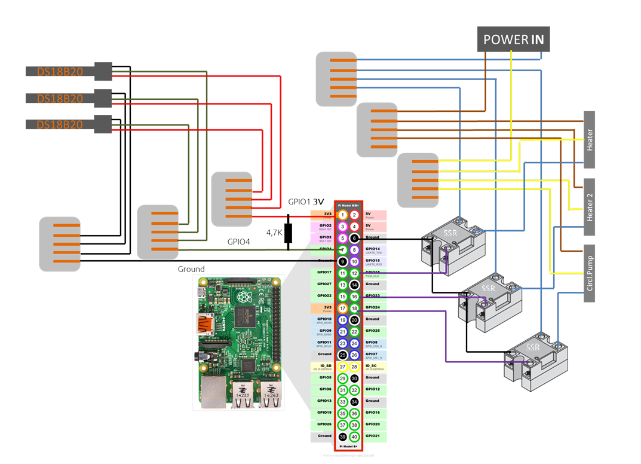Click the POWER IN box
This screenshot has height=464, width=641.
(514, 40)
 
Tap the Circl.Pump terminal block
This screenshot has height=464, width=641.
(589, 273)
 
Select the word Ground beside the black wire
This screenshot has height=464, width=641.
(191, 269)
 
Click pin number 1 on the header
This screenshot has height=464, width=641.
(342, 215)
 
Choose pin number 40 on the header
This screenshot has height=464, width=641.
(354, 436)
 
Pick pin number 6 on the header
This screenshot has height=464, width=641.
(354, 238)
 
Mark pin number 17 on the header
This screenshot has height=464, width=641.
(342, 308)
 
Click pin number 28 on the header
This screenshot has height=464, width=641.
(354, 367)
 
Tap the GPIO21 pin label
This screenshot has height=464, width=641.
(373, 436)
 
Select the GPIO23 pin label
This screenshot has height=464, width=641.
(373, 295)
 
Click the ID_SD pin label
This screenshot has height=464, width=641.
(324, 365)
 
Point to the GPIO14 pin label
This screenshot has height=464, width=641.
(373, 249)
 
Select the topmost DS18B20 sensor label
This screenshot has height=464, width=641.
(60, 71)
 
